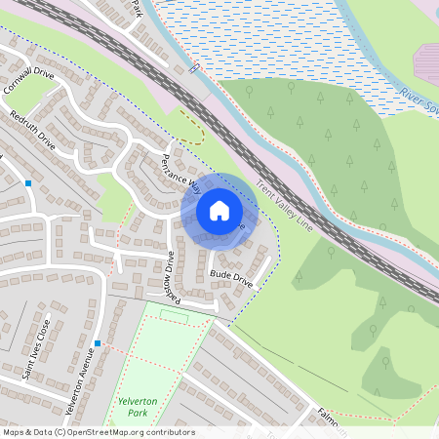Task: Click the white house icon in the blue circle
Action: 219,210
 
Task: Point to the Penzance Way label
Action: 181,173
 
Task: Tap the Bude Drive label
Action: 231,279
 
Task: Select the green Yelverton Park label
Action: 130,407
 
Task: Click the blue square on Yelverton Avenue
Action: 98,343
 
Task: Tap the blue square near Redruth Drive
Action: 28,182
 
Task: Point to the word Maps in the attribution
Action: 14,432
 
